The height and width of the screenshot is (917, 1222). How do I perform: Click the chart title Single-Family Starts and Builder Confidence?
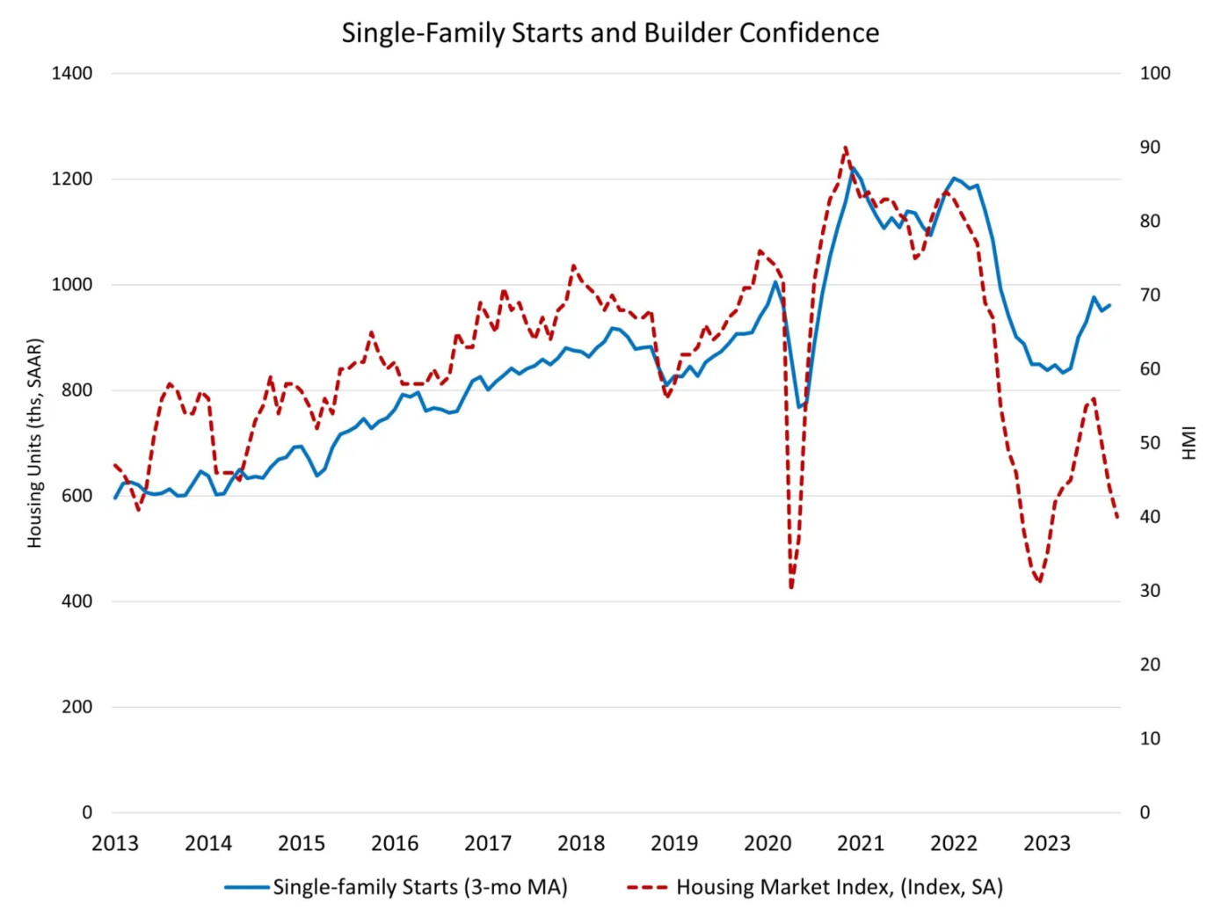[x=610, y=33]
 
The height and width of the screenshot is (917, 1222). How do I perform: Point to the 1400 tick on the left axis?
[x=71, y=74]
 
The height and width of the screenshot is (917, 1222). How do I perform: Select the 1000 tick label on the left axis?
[x=71, y=285]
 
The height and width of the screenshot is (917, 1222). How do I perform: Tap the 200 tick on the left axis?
[x=76, y=707]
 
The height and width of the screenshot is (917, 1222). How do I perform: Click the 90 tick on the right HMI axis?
[x=1149, y=148]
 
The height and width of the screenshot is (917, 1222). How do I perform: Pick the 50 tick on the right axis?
[x=1149, y=443]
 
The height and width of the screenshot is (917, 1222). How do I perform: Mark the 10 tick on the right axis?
[x=1149, y=739]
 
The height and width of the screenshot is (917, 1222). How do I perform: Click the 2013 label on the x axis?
[x=115, y=844]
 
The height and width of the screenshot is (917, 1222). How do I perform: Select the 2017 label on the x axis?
[x=488, y=844]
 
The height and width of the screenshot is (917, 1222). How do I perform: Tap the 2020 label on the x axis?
[x=767, y=844]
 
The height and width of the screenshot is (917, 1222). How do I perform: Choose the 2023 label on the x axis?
[x=1047, y=844]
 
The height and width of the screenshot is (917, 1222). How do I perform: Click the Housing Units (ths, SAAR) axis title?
[x=35, y=443]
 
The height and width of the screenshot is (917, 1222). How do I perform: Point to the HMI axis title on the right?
[x=1189, y=443]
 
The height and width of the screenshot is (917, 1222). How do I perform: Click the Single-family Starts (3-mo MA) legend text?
[x=420, y=887]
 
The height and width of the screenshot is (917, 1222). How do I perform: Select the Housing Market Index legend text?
[x=840, y=887]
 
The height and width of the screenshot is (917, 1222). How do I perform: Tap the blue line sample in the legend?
[x=247, y=887]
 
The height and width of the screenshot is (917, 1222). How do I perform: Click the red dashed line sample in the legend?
[x=648, y=887]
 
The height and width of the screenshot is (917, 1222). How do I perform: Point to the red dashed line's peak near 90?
[x=845, y=148]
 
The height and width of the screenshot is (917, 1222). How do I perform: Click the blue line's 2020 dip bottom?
[x=799, y=407]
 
